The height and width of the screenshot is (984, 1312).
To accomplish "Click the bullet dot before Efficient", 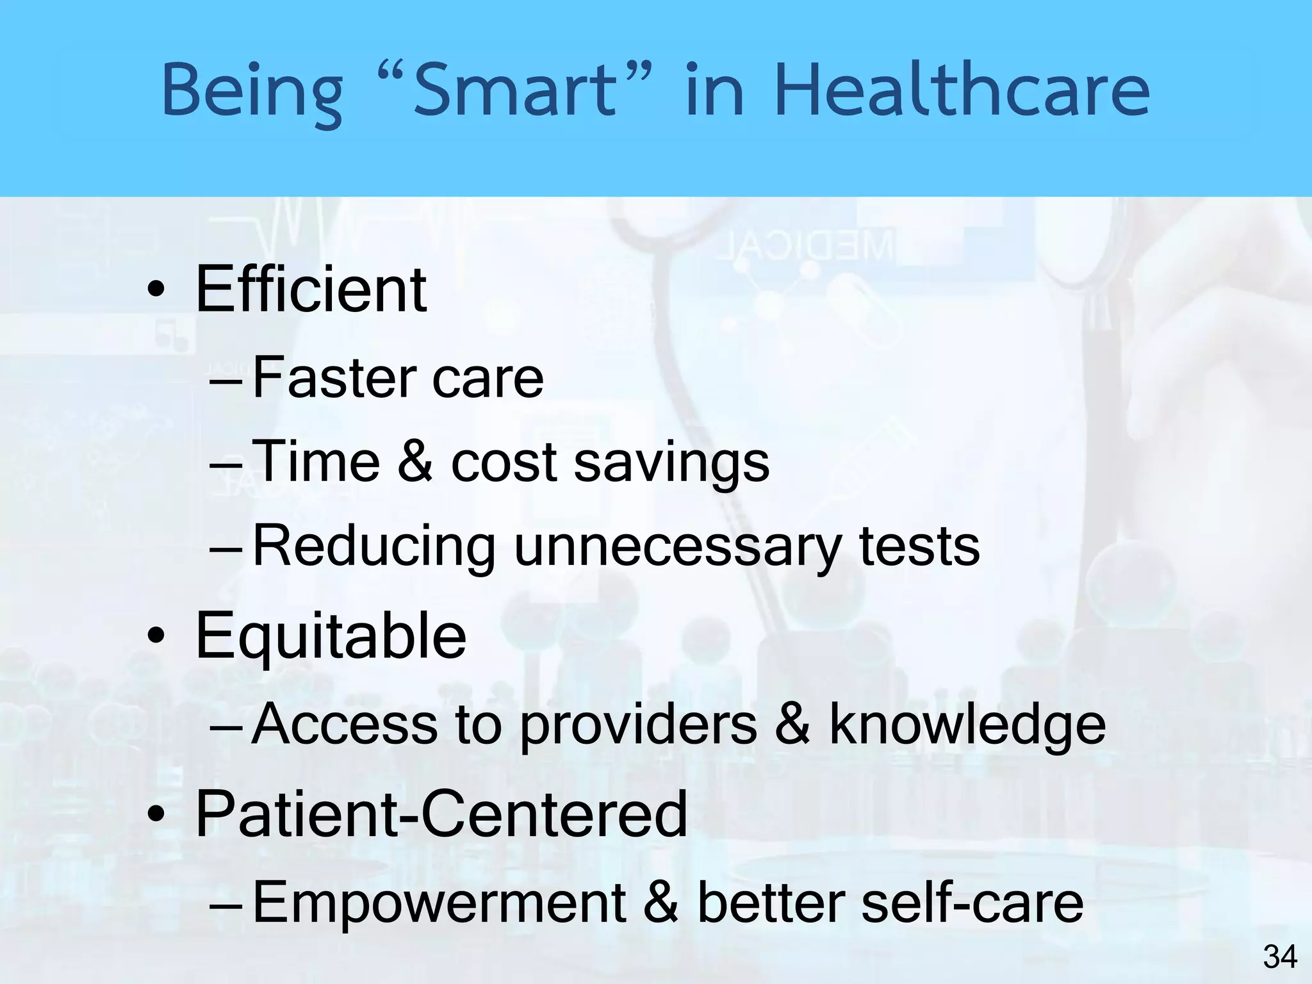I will coord(155,292).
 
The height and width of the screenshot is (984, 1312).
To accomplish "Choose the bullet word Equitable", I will coord(331,637).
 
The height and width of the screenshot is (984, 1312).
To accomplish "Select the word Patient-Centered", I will coord(441,814).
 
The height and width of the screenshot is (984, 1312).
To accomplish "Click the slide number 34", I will coord(1280,957).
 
